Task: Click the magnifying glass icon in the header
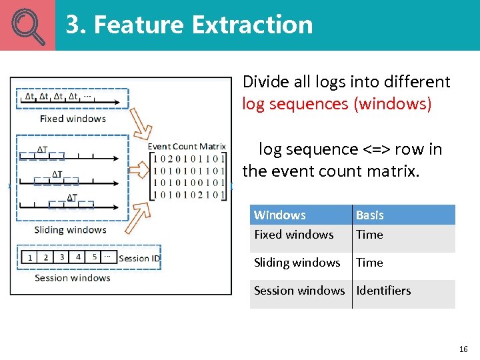pyautogui.click(x=27, y=25)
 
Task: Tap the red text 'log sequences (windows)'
pyautogui.click(x=337, y=104)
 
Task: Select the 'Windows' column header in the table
pyautogui.click(x=280, y=215)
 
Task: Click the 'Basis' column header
pyautogui.click(x=369, y=215)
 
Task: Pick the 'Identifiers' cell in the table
pyautogui.click(x=383, y=290)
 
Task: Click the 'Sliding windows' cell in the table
pyautogui.click(x=297, y=262)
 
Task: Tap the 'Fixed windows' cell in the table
pyautogui.click(x=293, y=234)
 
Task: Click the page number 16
pyautogui.click(x=463, y=349)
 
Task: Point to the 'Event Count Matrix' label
pyautogui.click(x=187, y=147)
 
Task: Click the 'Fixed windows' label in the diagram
pyautogui.click(x=73, y=119)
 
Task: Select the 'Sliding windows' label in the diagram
pyautogui.click(x=70, y=230)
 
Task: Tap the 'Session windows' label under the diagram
pyautogui.click(x=72, y=277)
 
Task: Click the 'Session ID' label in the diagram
pyautogui.click(x=139, y=258)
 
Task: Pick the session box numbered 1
pyautogui.click(x=29, y=257)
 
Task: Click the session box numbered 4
pyautogui.click(x=78, y=257)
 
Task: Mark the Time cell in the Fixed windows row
pyautogui.click(x=369, y=234)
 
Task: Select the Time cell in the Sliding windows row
pyautogui.click(x=369, y=262)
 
